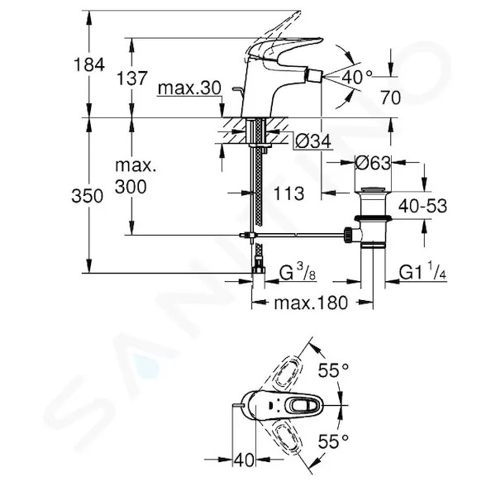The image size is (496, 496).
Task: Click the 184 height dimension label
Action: tap(89, 64)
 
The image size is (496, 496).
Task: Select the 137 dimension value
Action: tap(132, 79)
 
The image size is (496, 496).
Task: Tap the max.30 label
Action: tap(189, 88)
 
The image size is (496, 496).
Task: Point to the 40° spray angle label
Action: tap(356, 76)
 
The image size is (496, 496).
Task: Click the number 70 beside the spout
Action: tap(390, 97)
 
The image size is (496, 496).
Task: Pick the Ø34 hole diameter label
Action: tap(312, 141)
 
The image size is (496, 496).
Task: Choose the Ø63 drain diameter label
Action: tap(373, 163)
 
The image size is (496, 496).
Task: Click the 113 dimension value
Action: tap(289, 193)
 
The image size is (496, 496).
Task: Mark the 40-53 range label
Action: tap(422, 206)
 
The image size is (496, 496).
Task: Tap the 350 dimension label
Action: tap(88, 195)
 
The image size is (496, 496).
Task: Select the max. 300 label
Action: tap(136, 176)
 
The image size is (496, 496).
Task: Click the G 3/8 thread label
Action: tap(298, 272)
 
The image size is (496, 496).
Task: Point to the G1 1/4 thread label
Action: tap(422, 271)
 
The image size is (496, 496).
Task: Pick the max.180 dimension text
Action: tap(311, 303)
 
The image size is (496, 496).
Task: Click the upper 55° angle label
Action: tap(333, 370)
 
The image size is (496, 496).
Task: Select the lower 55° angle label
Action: tap(333, 441)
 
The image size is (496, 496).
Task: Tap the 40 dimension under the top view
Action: tap(245, 460)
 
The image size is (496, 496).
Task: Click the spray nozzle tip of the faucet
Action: tap(313, 76)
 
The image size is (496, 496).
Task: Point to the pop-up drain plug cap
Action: tap(374, 189)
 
